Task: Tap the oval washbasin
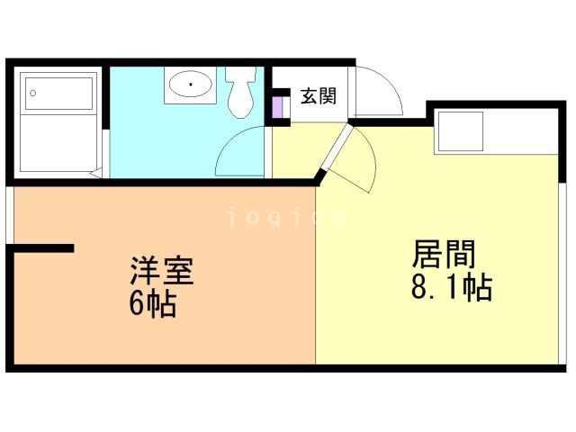pyautogui.click(x=189, y=86)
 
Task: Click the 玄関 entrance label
pyautogui.click(x=319, y=94)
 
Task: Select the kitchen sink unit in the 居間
pyautogui.click(x=460, y=131)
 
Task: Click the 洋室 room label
pyautogui.click(x=163, y=271)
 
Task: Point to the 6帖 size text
pyautogui.click(x=152, y=303)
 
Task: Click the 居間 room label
pyautogui.click(x=444, y=255)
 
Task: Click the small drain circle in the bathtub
pyautogui.click(x=33, y=92)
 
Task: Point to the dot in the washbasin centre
pyautogui.click(x=190, y=86)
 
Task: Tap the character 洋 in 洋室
pyautogui.click(x=145, y=271)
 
